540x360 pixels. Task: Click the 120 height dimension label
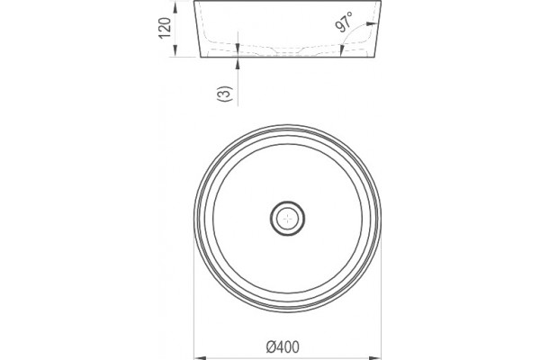pyautogui.click(x=165, y=28)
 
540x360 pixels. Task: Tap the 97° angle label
pyautogui.click(x=344, y=22)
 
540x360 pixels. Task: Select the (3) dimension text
pyautogui.click(x=224, y=94)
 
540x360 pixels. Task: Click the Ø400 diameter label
pyautogui.click(x=283, y=346)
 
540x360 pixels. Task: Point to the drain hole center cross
pyautogui.click(x=287, y=219)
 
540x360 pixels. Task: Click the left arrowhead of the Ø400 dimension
pyautogui.click(x=200, y=358)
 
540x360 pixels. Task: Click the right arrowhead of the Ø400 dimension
pyautogui.click(x=375, y=358)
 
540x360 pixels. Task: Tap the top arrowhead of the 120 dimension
pyautogui.click(x=175, y=7)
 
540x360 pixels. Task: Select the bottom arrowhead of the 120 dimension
pyautogui.click(x=175, y=50)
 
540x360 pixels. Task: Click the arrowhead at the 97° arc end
pyautogui.click(x=372, y=23)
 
